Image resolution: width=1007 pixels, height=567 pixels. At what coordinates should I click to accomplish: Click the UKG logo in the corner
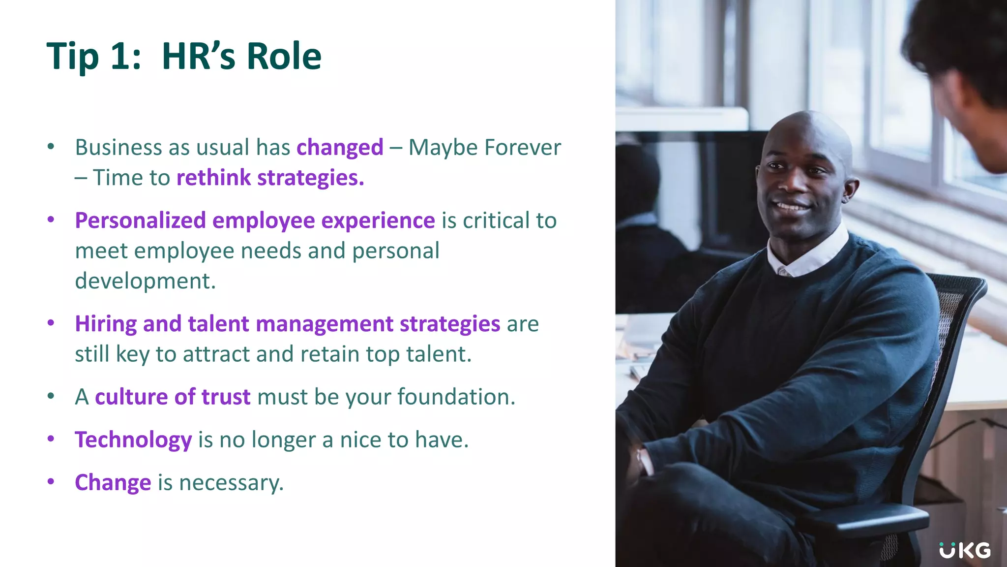tap(964, 550)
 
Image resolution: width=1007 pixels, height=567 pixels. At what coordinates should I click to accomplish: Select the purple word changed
tap(340, 148)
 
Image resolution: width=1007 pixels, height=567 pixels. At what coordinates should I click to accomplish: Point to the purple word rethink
tap(213, 178)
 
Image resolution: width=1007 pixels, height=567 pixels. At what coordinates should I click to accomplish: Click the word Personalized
tap(140, 220)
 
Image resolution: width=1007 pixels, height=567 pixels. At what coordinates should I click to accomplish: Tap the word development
tap(145, 281)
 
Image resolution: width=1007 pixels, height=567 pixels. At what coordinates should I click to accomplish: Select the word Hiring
tap(106, 324)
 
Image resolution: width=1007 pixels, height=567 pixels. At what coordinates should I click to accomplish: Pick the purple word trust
tap(226, 397)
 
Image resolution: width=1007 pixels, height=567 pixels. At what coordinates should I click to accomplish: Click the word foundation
tap(456, 397)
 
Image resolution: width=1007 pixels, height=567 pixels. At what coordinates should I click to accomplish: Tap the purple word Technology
tap(133, 440)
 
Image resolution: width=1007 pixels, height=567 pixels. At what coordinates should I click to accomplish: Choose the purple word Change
tap(113, 483)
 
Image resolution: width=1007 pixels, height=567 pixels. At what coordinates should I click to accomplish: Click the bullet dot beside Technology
tap(51, 439)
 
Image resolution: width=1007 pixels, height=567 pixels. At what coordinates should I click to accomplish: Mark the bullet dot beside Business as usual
tap(51, 146)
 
